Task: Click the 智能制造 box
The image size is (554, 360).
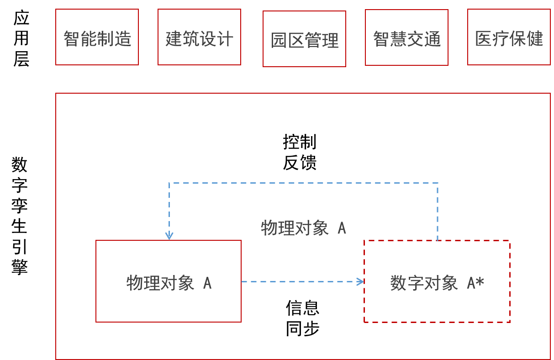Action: coord(97,37)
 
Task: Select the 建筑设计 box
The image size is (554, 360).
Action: coord(199,37)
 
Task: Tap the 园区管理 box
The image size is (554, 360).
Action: coord(304,39)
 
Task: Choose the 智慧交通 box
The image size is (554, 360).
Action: coord(406,37)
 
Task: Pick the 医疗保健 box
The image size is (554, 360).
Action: coord(509,37)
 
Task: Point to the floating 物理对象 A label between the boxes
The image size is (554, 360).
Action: coord(303,228)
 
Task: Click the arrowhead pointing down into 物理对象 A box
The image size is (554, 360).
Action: coord(169,236)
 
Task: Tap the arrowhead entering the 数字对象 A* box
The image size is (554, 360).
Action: coord(360,281)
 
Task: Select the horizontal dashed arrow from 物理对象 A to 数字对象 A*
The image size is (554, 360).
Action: coord(301,281)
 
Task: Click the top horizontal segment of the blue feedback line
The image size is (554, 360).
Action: coord(303,183)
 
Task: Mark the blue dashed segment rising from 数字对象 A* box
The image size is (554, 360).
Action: coord(438,212)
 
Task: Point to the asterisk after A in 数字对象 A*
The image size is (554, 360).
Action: coord(480,283)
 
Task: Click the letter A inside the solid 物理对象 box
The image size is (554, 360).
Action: coord(207,283)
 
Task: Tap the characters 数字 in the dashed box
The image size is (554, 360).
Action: coord(407,283)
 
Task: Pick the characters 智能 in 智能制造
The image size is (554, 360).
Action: coord(80,39)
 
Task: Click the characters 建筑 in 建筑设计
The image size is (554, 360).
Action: coord(182,39)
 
